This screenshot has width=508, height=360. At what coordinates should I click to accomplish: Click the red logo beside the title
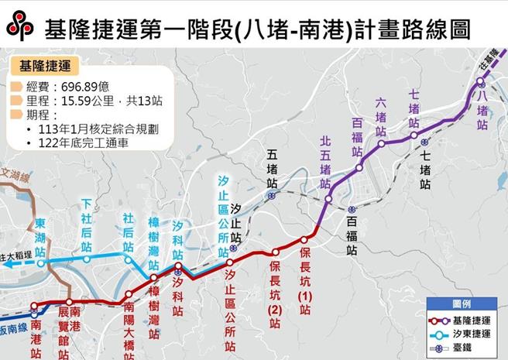pyautogui.click(x=20, y=26)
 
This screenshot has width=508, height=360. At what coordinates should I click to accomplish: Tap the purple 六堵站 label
pyautogui.click(x=381, y=117)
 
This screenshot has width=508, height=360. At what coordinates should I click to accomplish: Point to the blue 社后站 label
pyautogui.click(x=129, y=231)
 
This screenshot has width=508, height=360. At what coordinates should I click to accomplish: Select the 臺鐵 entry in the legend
pyautogui.click(x=465, y=348)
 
